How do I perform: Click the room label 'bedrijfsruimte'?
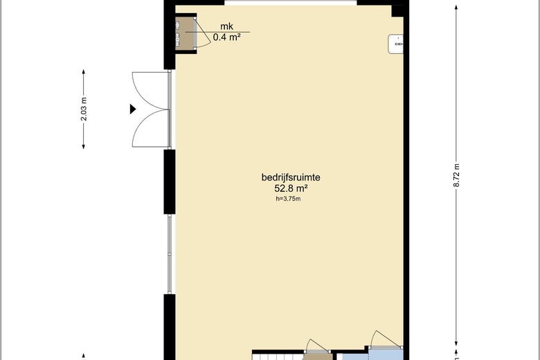point(291,178)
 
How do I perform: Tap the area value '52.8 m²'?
point(291,188)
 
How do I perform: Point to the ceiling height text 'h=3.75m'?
point(288,199)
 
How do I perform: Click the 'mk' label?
point(226,26)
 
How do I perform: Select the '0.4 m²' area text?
point(226,37)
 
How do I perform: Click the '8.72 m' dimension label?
point(457,175)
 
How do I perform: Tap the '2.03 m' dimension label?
point(84,109)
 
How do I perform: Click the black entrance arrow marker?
point(133,109)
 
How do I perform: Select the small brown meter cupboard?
point(186,33)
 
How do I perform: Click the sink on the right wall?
point(396,44)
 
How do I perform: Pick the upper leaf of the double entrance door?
point(150,91)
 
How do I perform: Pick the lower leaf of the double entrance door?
point(150,128)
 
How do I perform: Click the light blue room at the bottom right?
point(386,354)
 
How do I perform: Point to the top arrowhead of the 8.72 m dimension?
point(457,8)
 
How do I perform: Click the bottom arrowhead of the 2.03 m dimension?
point(84,146)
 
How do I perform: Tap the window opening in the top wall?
point(291,3)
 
